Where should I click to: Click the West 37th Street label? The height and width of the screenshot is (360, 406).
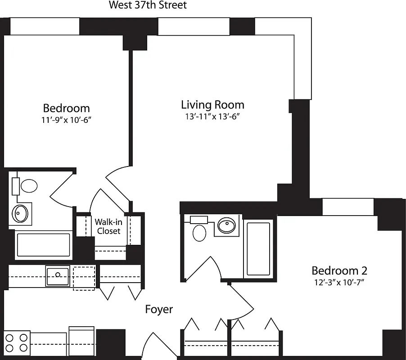(x=148, y=5)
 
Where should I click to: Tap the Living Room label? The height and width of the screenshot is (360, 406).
(x=212, y=105)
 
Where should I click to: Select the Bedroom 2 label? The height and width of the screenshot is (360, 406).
(x=339, y=270)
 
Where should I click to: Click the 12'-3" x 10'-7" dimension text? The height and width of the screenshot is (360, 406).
(x=339, y=283)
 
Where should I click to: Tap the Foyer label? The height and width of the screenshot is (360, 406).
(x=159, y=310)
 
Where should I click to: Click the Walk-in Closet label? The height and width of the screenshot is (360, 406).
(x=108, y=226)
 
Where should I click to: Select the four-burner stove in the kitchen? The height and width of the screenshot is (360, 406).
(x=17, y=342)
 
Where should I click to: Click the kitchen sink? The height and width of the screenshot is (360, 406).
(x=58, y=275)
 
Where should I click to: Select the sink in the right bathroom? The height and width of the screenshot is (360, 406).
(x=226, y=225)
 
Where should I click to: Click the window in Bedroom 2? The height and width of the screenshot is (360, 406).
(x=348, y=207)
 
